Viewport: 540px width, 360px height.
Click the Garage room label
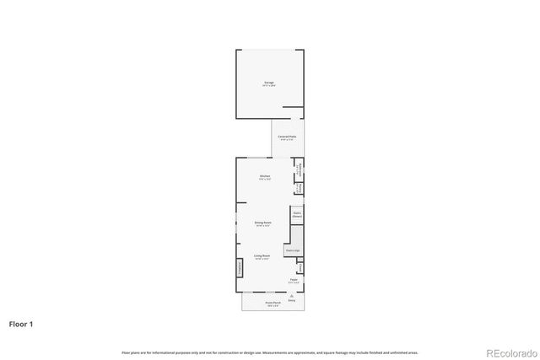tap(268, 83)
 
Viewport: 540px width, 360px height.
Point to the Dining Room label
tap(262, 223)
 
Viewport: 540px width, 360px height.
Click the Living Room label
tap(262, 255)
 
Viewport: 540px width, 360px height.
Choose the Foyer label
tap(294, 279)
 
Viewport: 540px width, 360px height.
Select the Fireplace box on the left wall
tap(240, 268)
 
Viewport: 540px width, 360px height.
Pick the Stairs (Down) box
tap(297, 214)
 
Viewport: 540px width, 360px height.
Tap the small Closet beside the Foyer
tap(300, 268)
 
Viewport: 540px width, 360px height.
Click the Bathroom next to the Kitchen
tap(298, 169)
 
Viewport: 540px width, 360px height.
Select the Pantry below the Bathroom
tap(298, 188)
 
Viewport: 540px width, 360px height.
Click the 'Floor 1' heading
tap(22, 323)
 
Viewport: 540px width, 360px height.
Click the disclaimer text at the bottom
tap(269, 352)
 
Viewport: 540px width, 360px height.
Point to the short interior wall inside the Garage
tap(293, 107)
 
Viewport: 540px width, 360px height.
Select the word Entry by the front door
tap(292, 300)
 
